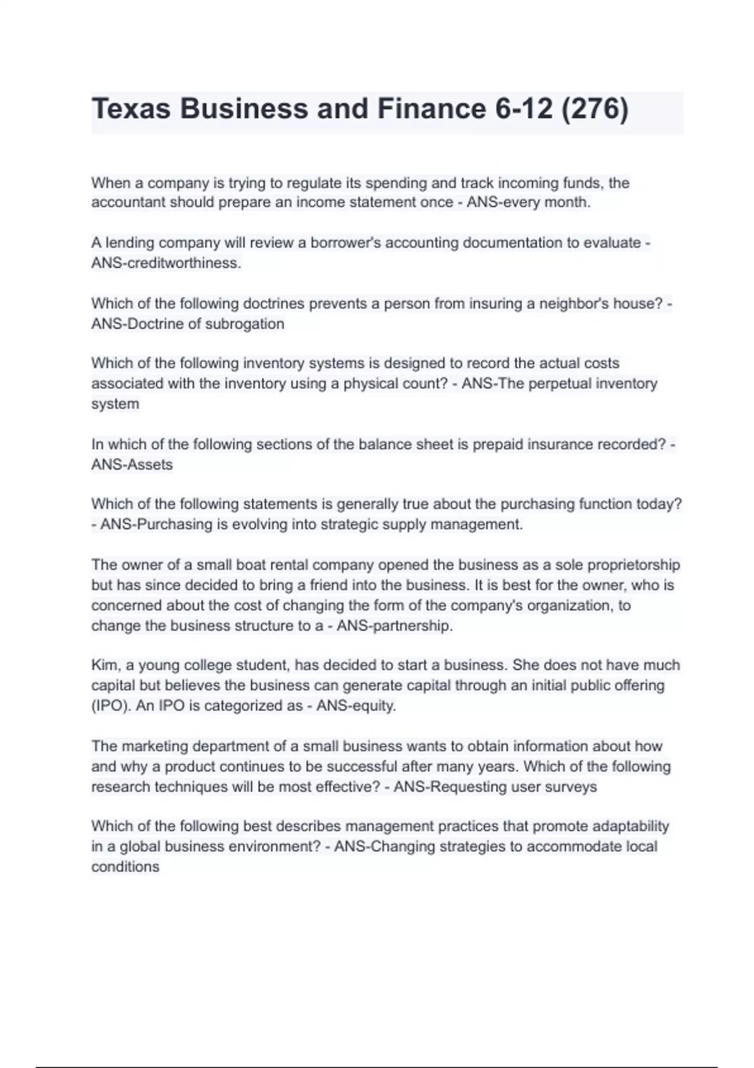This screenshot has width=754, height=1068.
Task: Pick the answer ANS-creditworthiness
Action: coord(166,263)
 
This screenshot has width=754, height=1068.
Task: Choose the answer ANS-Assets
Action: coord(132,465)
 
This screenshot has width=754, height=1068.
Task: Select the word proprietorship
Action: coord(634,565)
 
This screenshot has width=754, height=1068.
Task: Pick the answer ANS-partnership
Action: coord(395,626)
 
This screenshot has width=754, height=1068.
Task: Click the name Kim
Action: coord(104,665)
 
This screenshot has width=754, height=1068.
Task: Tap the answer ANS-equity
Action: coord(356,706)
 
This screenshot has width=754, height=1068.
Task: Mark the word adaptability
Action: coord(630,826)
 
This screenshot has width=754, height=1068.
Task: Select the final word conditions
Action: coord(125,867)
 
